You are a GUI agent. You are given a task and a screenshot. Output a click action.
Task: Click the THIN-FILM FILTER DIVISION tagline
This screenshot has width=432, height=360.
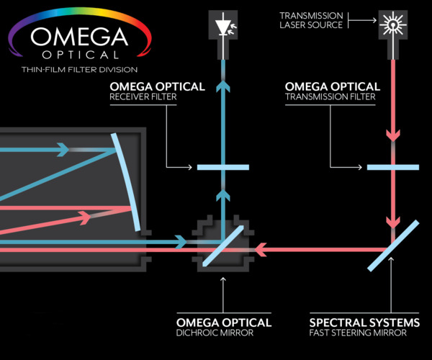point(70,69)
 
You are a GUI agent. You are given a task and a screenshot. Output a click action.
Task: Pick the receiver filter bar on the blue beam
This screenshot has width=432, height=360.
point(222,168)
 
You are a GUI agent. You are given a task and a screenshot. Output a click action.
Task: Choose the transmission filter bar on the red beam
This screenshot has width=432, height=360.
point(392,168)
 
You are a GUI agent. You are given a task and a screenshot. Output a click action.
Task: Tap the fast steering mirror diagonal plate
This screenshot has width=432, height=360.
point(393,245)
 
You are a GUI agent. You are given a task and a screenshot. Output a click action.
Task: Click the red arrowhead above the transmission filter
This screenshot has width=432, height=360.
point(392,135)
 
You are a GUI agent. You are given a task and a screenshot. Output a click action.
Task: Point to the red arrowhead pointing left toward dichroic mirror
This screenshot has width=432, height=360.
point(263,249)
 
